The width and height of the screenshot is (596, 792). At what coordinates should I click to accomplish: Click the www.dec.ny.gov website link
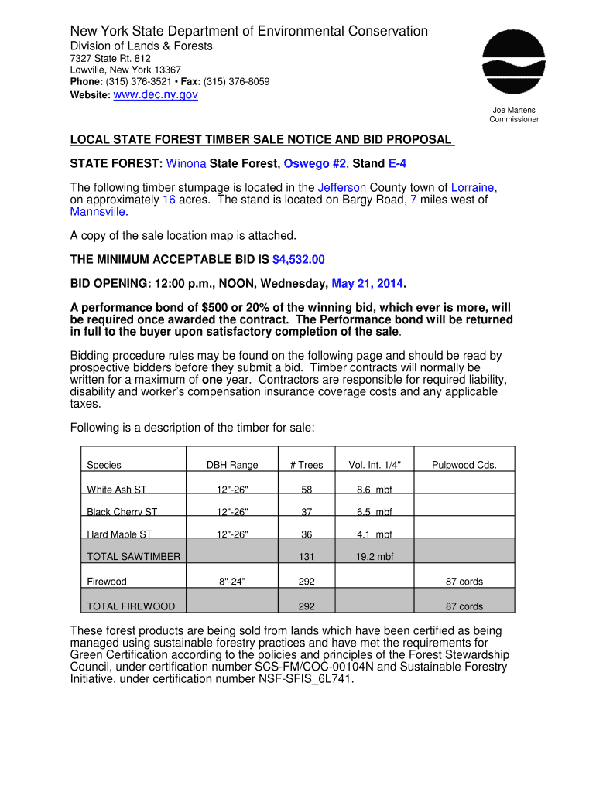156,94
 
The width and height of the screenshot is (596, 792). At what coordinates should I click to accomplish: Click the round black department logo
514,63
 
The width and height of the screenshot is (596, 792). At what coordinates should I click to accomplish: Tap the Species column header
104,465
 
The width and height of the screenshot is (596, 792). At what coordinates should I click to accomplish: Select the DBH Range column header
232,465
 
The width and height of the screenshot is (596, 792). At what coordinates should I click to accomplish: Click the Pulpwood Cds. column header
464,465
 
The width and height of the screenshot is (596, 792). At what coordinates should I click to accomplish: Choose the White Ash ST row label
116,490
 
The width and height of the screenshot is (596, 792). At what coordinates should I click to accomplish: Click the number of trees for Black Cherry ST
307,512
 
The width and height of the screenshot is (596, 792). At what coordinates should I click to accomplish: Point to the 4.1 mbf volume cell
374,534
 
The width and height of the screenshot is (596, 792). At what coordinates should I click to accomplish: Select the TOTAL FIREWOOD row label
131,606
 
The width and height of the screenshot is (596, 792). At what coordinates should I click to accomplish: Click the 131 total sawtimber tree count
307,557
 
